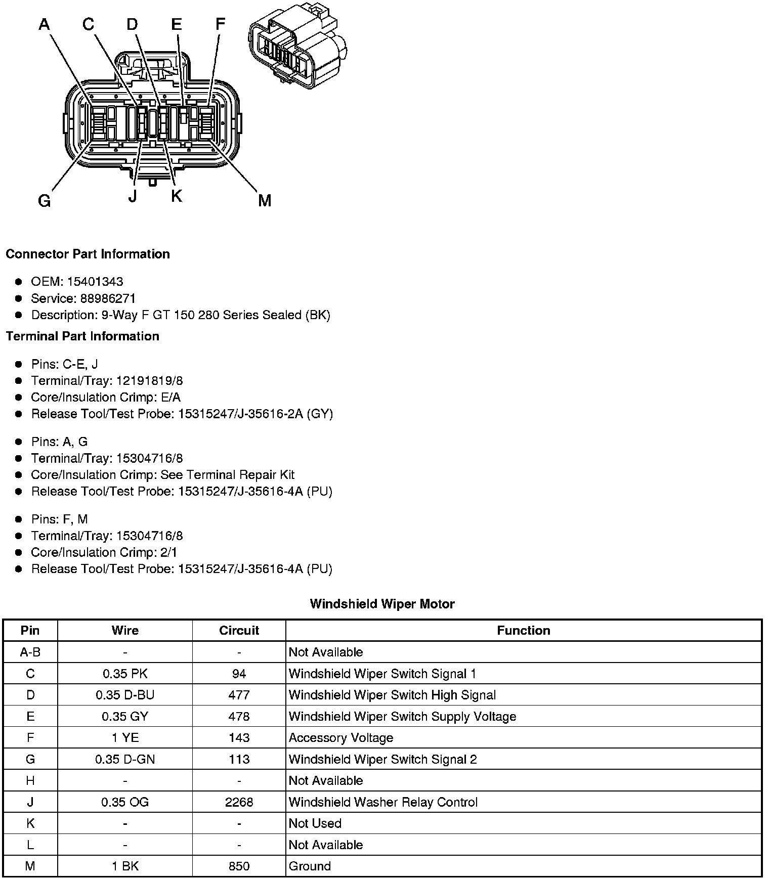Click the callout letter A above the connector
tap(45, 24)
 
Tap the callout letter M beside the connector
tap(265, 201)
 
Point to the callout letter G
tap(45, 201)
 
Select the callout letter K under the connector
tap(176, 196)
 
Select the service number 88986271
tap(108, 298)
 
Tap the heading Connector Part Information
tap(88, 254)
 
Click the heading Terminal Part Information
tap(82, 336)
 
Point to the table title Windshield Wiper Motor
tap(382, 604)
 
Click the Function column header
tap(523, 630)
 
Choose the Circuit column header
tap(239, 630)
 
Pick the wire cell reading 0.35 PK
tap(125, 674)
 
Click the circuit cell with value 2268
tap(239, 802)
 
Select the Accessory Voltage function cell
tap(341, 738)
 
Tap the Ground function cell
tap(310, 866)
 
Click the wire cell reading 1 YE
tap(125, 738)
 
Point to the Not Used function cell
tap(315, 823)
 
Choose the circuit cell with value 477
tap(239, 695)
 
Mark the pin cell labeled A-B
tap(30, 652)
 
